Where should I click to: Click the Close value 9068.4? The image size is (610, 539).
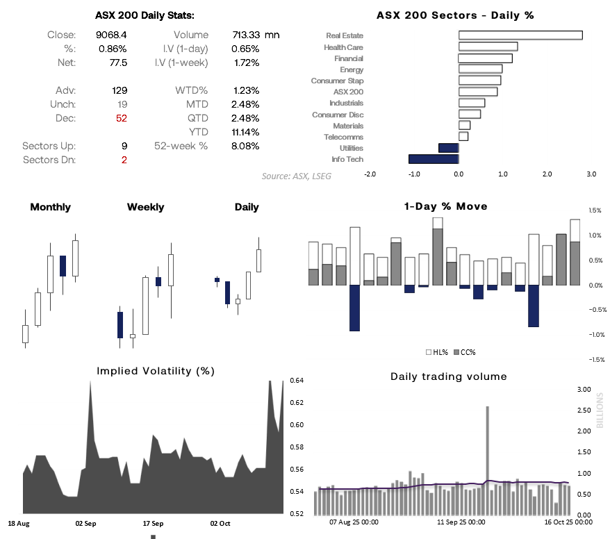[111, 35]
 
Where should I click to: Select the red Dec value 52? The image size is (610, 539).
[121, 118]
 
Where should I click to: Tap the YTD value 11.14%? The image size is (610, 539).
[245, 132]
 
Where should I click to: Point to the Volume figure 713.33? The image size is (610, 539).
[246, 35]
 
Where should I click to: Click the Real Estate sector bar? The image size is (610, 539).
[520, 35]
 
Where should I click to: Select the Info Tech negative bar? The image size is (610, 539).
[434, 159]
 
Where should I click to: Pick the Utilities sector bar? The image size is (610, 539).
[448, 148]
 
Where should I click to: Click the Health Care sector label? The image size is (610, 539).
[343, 47]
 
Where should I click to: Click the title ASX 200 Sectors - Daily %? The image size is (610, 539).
[455, 15]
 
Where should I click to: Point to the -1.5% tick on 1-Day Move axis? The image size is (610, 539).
[595, 360]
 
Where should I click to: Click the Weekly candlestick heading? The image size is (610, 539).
[146, 207]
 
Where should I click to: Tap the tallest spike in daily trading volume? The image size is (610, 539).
[487, 445]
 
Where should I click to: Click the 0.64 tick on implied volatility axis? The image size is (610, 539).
[297, 381]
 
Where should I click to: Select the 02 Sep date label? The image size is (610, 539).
[85, 523]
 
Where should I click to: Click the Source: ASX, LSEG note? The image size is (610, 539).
[297, 176]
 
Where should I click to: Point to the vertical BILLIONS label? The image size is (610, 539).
[601, 410]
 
